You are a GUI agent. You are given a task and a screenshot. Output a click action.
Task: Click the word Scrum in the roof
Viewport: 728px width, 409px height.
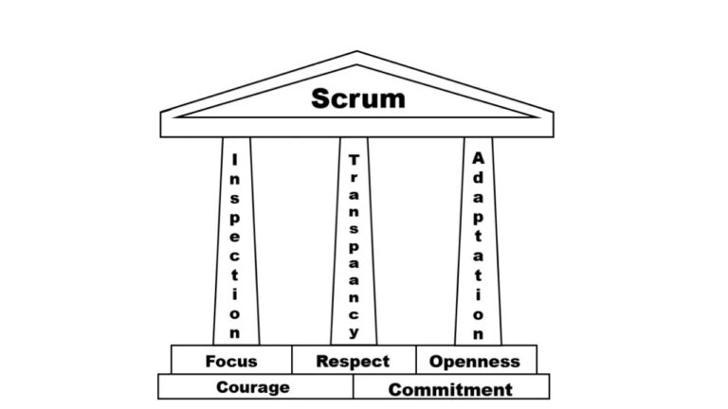(x=357, y=98)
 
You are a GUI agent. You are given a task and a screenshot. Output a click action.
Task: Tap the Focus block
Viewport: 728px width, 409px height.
(x=231, y=361)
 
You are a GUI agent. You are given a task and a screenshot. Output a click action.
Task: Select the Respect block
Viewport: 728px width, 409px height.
(x=353, y=361)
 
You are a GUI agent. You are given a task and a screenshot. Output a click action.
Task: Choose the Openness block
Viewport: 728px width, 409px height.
(x=475, y=361)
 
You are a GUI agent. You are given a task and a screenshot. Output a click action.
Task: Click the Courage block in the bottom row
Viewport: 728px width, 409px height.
(x=253, y=387)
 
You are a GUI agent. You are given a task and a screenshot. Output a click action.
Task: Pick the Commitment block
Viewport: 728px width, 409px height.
(x=450, y=388)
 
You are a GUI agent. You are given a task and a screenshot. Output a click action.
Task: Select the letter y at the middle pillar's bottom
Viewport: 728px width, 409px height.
(x=354, y=332)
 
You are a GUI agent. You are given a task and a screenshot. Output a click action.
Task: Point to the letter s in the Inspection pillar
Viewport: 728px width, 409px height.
(x=234, y=198)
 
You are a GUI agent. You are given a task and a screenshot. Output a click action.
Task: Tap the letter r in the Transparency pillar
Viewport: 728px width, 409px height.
(x=354, y=180)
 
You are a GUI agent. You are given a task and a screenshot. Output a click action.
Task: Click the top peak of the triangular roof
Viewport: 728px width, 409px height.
(x=357, y=52)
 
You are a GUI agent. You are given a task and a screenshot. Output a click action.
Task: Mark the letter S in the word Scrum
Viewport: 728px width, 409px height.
(x=322, y=98)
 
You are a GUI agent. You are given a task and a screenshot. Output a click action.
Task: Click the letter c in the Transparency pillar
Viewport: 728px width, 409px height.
(x=354, y=312)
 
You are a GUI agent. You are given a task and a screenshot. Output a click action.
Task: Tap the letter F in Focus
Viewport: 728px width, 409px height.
(x=210, y=361)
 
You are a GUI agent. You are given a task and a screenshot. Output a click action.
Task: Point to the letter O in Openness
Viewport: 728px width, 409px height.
(x=436, y=361)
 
